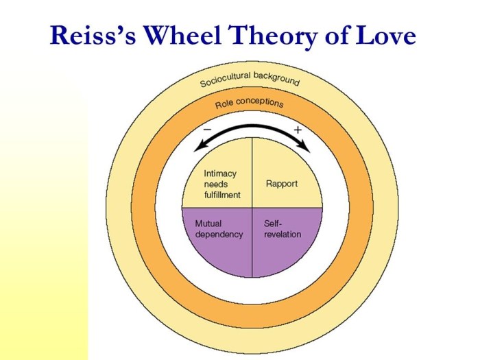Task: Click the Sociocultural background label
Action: [250, 79]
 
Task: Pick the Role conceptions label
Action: [249, 103]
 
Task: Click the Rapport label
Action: [282, 184]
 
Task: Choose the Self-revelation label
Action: [283, 229]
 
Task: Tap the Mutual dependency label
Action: [219, 229]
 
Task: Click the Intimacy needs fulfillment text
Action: [222, 184]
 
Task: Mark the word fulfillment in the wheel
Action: [222, 195]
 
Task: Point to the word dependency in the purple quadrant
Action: [219, 235]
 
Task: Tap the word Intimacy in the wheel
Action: [219, 173]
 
